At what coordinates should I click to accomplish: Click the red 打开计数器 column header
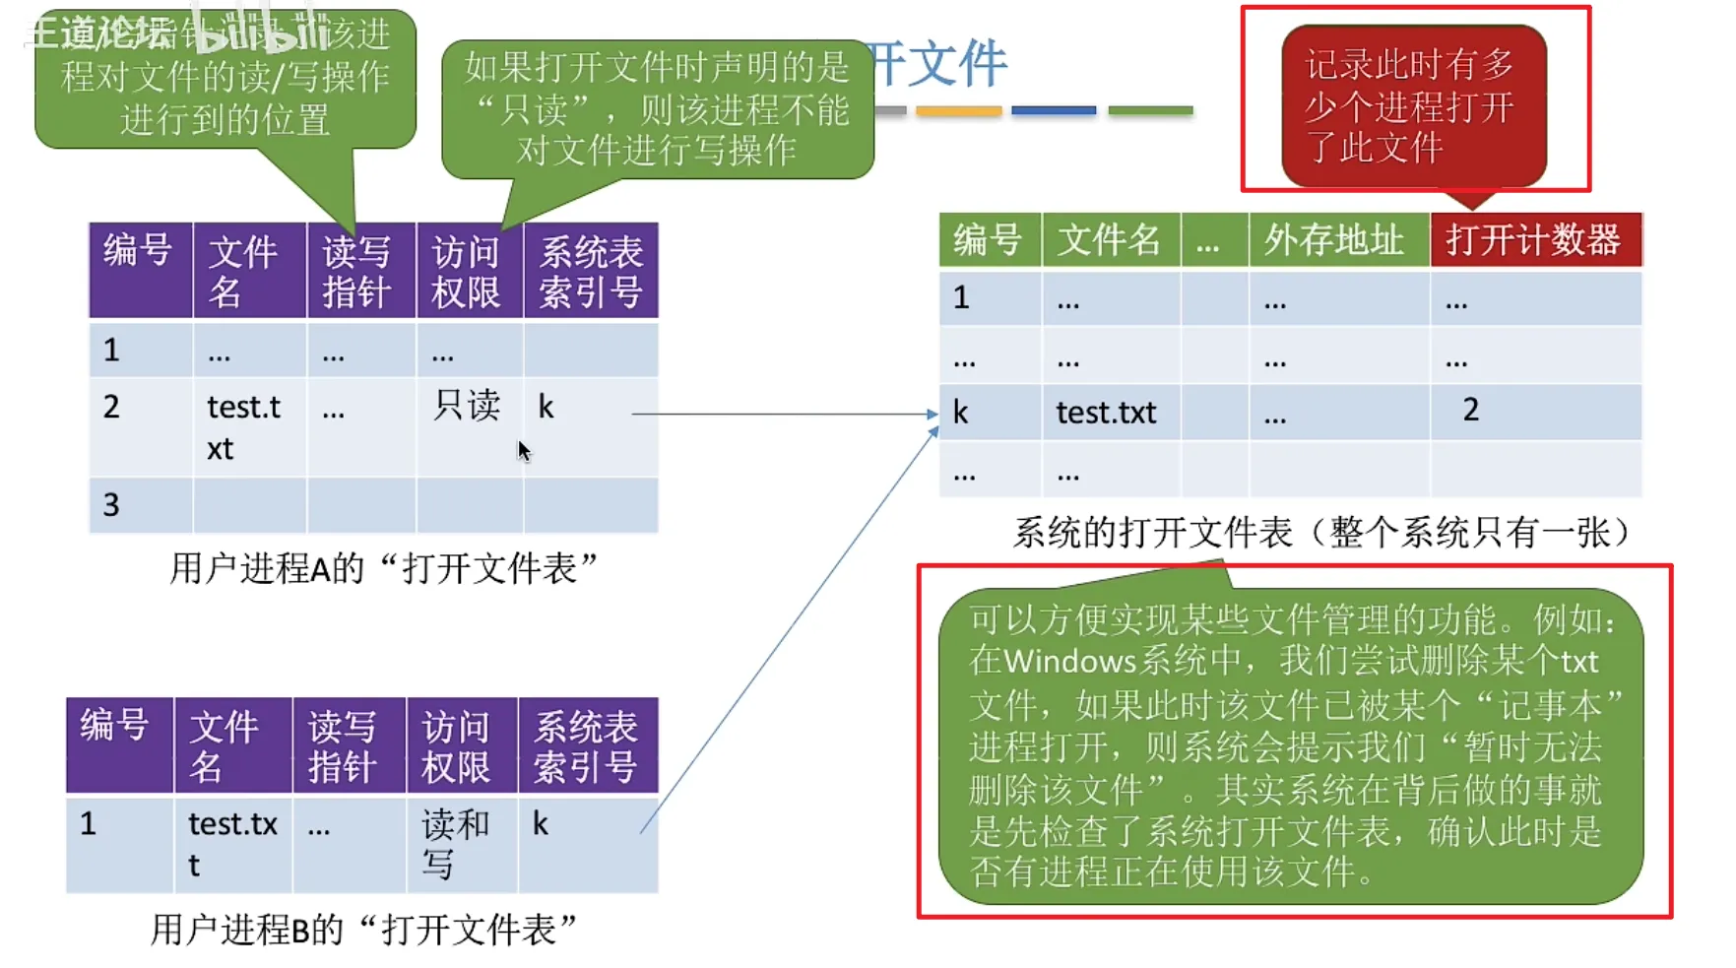click(1534, 239)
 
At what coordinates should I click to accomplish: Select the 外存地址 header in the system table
click(1334, 239)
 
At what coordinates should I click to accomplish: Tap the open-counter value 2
click(1470, 410)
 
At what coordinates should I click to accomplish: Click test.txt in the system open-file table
click(1106, 413)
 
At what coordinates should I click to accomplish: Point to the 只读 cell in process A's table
click(467, 406)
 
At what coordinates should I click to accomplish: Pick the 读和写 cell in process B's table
click(454, 843)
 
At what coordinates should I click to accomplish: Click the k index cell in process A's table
click(547, 407)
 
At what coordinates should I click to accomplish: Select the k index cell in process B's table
click(541, 823)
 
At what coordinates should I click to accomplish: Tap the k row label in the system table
click(961, 413)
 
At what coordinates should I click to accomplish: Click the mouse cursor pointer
click(523, 451)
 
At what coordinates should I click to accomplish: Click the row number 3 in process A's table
click(111, 505)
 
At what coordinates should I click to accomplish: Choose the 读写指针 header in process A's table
click(356, 272)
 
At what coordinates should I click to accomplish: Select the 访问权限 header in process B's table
click(455, 746)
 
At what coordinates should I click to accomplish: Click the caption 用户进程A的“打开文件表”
click(384, 568)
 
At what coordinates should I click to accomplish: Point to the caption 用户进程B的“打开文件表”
click(363, 929)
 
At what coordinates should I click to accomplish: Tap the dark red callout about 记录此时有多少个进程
click(1412, 106)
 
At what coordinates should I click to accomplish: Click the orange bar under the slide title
click(958, 111)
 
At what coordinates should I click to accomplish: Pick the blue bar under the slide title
click(1054, 111)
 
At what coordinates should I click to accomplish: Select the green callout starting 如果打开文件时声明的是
click(657, 108)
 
